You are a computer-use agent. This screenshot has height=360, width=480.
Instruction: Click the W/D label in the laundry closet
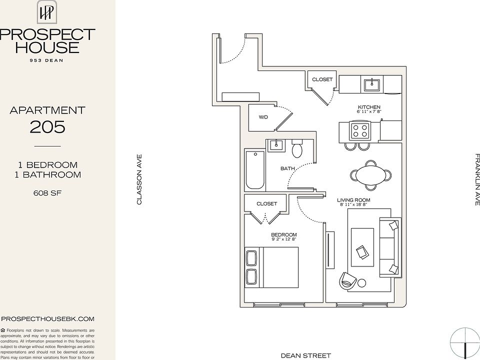coord(263,117)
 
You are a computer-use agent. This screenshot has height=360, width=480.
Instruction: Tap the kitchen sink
coord(372,84)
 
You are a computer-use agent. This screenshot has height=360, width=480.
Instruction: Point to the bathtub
coord(255,169)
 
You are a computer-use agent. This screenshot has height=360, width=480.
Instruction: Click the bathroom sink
coord(275,145)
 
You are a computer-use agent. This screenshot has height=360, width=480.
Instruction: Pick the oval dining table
coord(371,175)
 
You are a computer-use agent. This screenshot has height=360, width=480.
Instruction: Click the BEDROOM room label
coord(283,235)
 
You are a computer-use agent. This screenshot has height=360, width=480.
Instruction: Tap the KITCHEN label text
coord(369,107)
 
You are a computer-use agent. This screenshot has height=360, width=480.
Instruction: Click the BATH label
coord(287,168)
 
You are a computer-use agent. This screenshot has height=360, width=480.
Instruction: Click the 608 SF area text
coord(47,192)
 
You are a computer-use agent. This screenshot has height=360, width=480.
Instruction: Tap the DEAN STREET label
coord(306,355)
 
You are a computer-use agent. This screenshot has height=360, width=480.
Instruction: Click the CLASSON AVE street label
coord(140,179)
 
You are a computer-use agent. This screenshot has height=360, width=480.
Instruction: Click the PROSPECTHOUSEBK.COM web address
coord(48,318)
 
